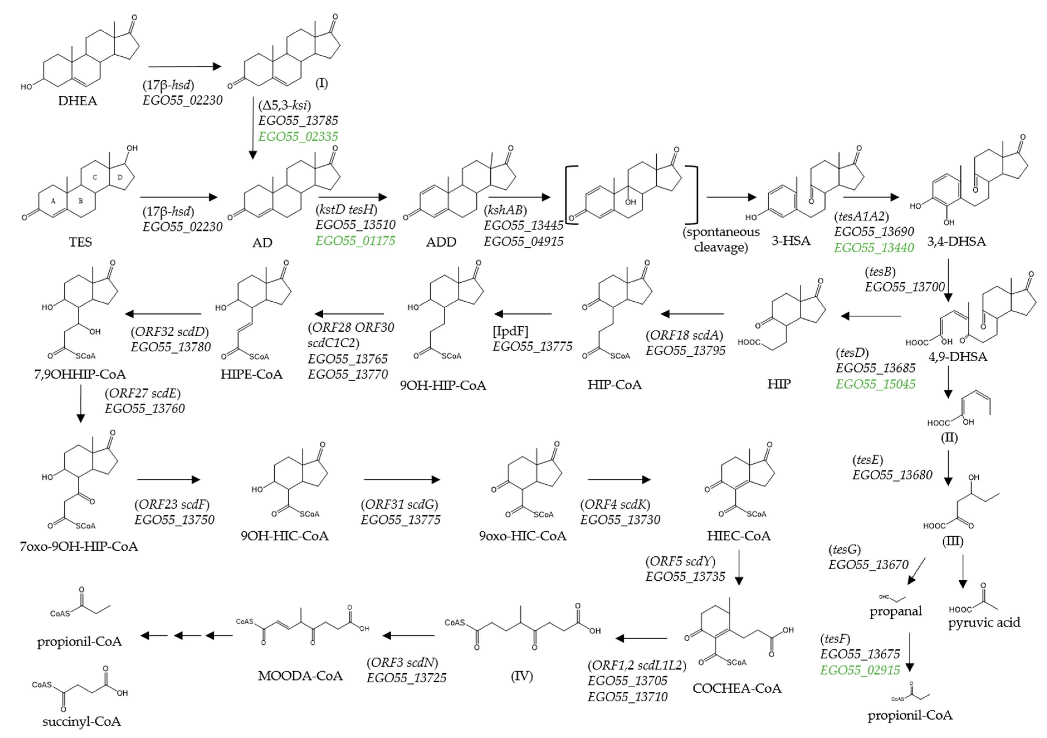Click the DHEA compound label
[x=77, y=101]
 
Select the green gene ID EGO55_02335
[x=298, y=137]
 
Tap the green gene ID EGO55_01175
[x=355, y=240]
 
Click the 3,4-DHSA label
[x=956, y=241]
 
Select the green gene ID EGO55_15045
[x=875, y=384]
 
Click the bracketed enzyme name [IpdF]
[x=510, y=331]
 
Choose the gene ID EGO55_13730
[x=620, y=520]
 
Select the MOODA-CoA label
[x=300, y=676]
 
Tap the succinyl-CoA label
[x=82, y=721]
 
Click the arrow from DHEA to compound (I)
[x=185, y=67]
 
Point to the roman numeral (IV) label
[x=522, y=676]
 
